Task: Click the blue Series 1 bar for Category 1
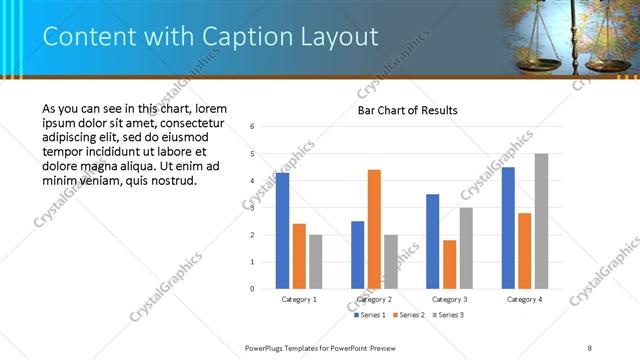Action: click(x=282, y=231)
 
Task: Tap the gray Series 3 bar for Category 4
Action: click(x=541, y=221)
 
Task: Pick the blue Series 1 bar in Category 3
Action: click(x=432, y=241)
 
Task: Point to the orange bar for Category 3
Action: click(x=449, y=264)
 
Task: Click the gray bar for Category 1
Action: click(x=315, y=262)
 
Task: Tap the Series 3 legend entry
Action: click(x=446, y=315)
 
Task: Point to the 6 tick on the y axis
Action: click(x=253, y=127)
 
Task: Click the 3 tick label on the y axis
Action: click(x=253, y=208)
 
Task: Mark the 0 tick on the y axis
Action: click(x=253, y=289)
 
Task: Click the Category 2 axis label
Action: click(x=374, y=299)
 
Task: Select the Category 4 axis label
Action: click(x=525, y=299)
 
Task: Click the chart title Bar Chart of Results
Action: click(x=408, y=110)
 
